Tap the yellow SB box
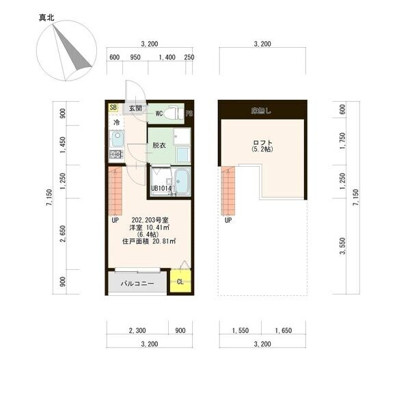coord(113,108)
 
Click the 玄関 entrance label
coord(135,109)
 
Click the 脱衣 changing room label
coord(159,146)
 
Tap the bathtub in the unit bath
coord(181,182)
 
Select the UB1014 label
coord(162,189)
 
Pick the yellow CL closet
coord(180,281)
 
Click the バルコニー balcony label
coord(137,283)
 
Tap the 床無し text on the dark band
coord(262,109)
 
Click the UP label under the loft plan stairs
coord(228,221)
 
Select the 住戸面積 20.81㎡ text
coord(149,241)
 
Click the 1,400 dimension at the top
coord(165,57)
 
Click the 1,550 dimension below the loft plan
coord(239,331)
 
